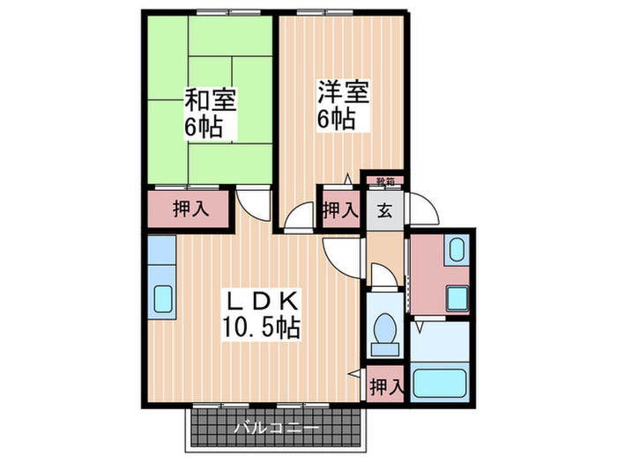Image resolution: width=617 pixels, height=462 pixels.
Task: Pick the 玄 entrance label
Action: coord(386,211)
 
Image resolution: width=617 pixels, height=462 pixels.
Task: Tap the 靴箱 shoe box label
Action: coord(385,182)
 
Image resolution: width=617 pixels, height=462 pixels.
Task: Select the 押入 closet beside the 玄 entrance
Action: coord(339,211)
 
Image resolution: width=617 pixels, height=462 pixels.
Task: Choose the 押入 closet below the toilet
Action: coord(386,385)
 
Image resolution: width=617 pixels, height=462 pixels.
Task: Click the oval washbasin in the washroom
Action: coord(456,253)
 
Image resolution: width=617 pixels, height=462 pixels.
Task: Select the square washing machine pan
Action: coord(457,297)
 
